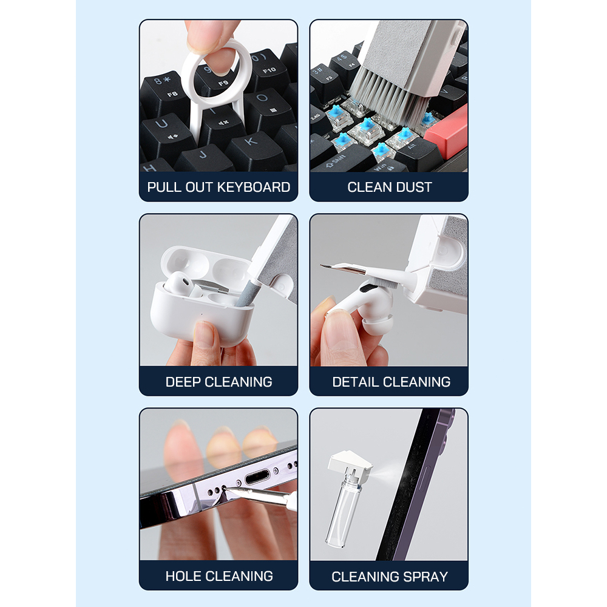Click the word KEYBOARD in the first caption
(x=254, y=188)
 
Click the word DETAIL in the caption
(x=355, y=382)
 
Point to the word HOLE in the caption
(x=183, y=577)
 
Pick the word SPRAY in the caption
(x=425, y=577)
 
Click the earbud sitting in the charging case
(x=180, y=283)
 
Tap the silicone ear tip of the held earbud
(x=378, y=324)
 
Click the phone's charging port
(x=257, y=477)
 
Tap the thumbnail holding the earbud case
(x=205, y=334)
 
